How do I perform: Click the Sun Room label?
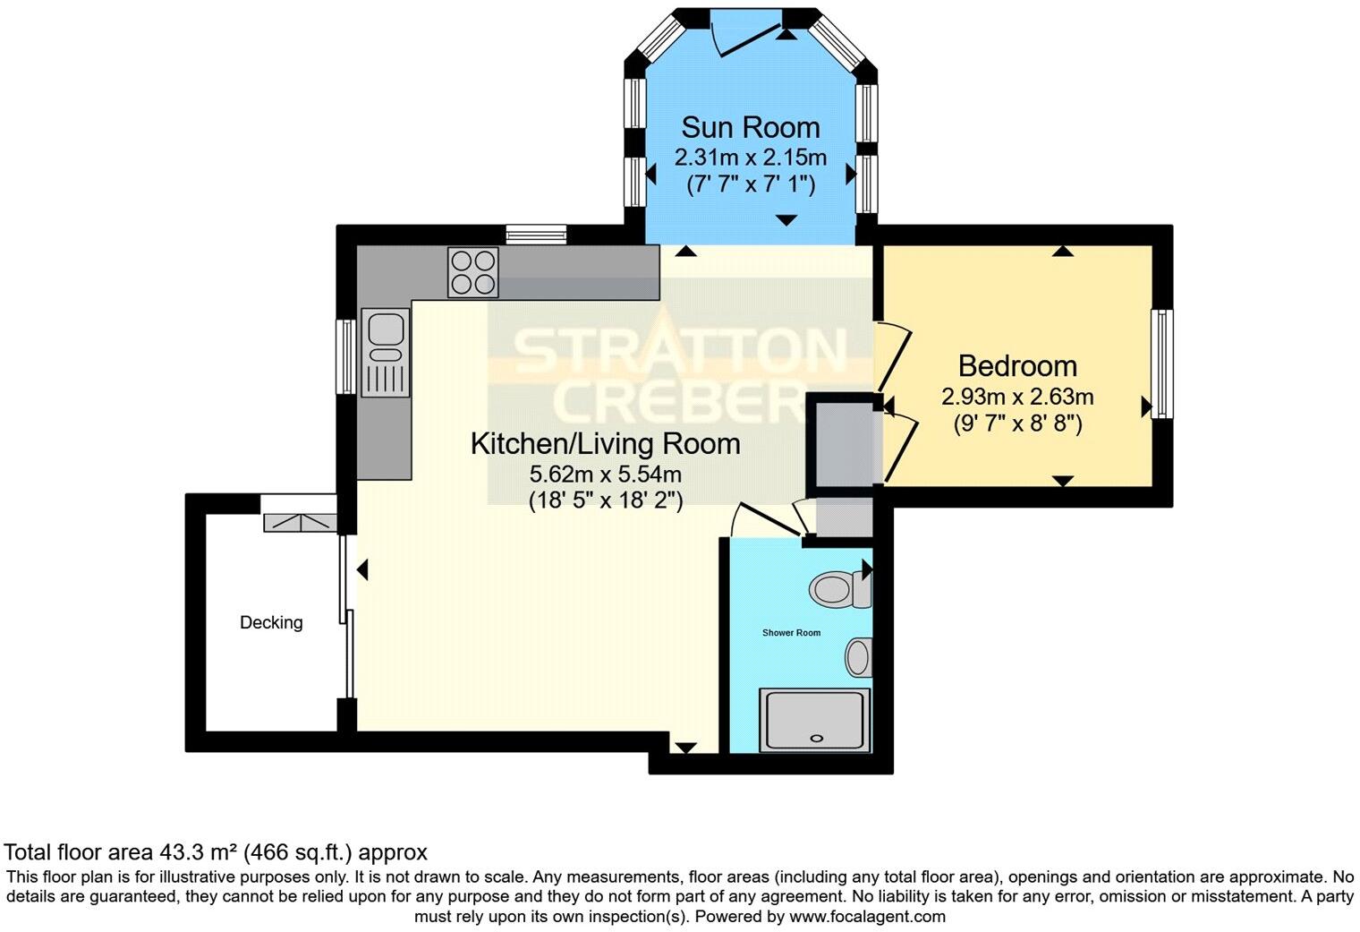pyautogui.click(x=750, y=127)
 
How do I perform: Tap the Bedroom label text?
pyautogui.click(x=1017, y=365)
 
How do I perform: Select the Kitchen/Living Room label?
pyautogui.click(x=605, y=443)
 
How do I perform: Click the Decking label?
pyautogui.click(x=271, y=622)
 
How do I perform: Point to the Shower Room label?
pyautogui.click(x=791, y=633)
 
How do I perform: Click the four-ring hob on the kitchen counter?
pyautogui.click(x=473, y=271)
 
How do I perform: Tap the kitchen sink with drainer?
pyautogui.click(x=386, y=352)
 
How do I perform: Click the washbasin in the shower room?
pyautogui.click(x=859, y=657)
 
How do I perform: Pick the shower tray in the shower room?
pyautogui.click(x=814, y=720)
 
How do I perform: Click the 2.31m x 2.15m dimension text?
pyautogui.click(x=750, y=158)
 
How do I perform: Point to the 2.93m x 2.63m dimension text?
pyautogui.click(x=1017, y=397)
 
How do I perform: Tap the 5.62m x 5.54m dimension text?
pyautogui.click(x=605, y=474)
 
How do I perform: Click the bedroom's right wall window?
pyautogui.click(x=1161, y=363)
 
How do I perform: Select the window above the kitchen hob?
pyautogui.click(x=536, y=235)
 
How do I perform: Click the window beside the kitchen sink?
pyautogui.click(x=345, y=355)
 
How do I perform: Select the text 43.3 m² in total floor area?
pyautogui.click(x=199, y=851)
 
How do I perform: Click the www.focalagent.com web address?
pyautogui.click(x=866, y=916)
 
